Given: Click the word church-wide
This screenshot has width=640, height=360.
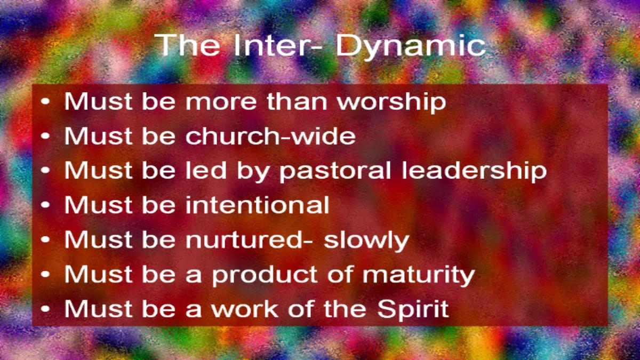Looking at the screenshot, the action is point(270,135).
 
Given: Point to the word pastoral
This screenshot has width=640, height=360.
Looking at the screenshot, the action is point(335,171).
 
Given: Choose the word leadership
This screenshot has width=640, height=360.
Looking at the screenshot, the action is point(474,171).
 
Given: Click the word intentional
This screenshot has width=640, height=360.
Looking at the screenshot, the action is point(258,205).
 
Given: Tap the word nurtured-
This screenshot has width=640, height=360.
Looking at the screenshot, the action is point(249,239).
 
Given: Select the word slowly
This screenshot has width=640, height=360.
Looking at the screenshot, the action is point(366,241).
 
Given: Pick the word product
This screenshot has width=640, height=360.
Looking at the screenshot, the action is point(265,275).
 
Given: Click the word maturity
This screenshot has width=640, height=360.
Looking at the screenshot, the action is point(419,275).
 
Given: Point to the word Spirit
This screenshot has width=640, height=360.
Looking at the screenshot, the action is point(413,310).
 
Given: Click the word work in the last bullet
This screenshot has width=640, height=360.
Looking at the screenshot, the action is point(245,309).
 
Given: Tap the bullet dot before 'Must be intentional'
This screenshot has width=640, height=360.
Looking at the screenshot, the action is point(45,205).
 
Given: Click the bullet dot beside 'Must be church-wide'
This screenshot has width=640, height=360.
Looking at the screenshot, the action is point(45,135).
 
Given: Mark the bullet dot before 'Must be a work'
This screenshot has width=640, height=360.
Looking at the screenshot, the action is point(45,309).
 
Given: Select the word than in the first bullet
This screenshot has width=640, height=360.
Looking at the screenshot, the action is point(297,101).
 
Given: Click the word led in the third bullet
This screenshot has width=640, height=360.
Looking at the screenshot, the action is point(206,170).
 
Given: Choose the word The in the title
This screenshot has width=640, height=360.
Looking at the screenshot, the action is point(187,45).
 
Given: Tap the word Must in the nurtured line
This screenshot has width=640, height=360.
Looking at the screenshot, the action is point(98,239).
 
